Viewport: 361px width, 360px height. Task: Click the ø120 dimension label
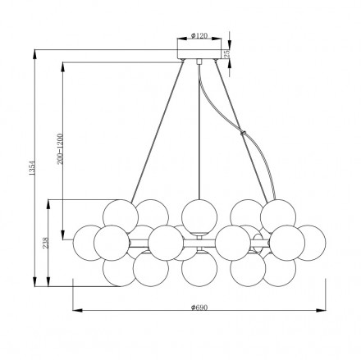199,35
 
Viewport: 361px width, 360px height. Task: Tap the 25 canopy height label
227,54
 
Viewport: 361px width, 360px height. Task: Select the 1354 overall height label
32,168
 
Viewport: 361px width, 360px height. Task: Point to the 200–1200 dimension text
60,149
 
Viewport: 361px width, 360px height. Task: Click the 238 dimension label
46,243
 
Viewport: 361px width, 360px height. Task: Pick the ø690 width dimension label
199,308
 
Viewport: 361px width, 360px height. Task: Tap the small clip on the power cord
243,133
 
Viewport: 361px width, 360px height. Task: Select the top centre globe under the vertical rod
199,216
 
